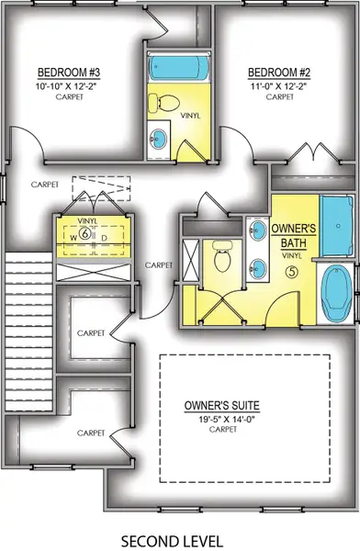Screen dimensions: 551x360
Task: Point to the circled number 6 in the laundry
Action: [x=84, y=233]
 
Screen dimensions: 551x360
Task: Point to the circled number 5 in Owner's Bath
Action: [x=293, y=271]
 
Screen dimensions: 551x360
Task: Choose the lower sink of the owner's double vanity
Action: [x=258, y=268]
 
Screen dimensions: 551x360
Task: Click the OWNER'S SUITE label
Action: [x=220, y=403]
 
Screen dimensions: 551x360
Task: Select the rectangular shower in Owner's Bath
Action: [x=332, y=226]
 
